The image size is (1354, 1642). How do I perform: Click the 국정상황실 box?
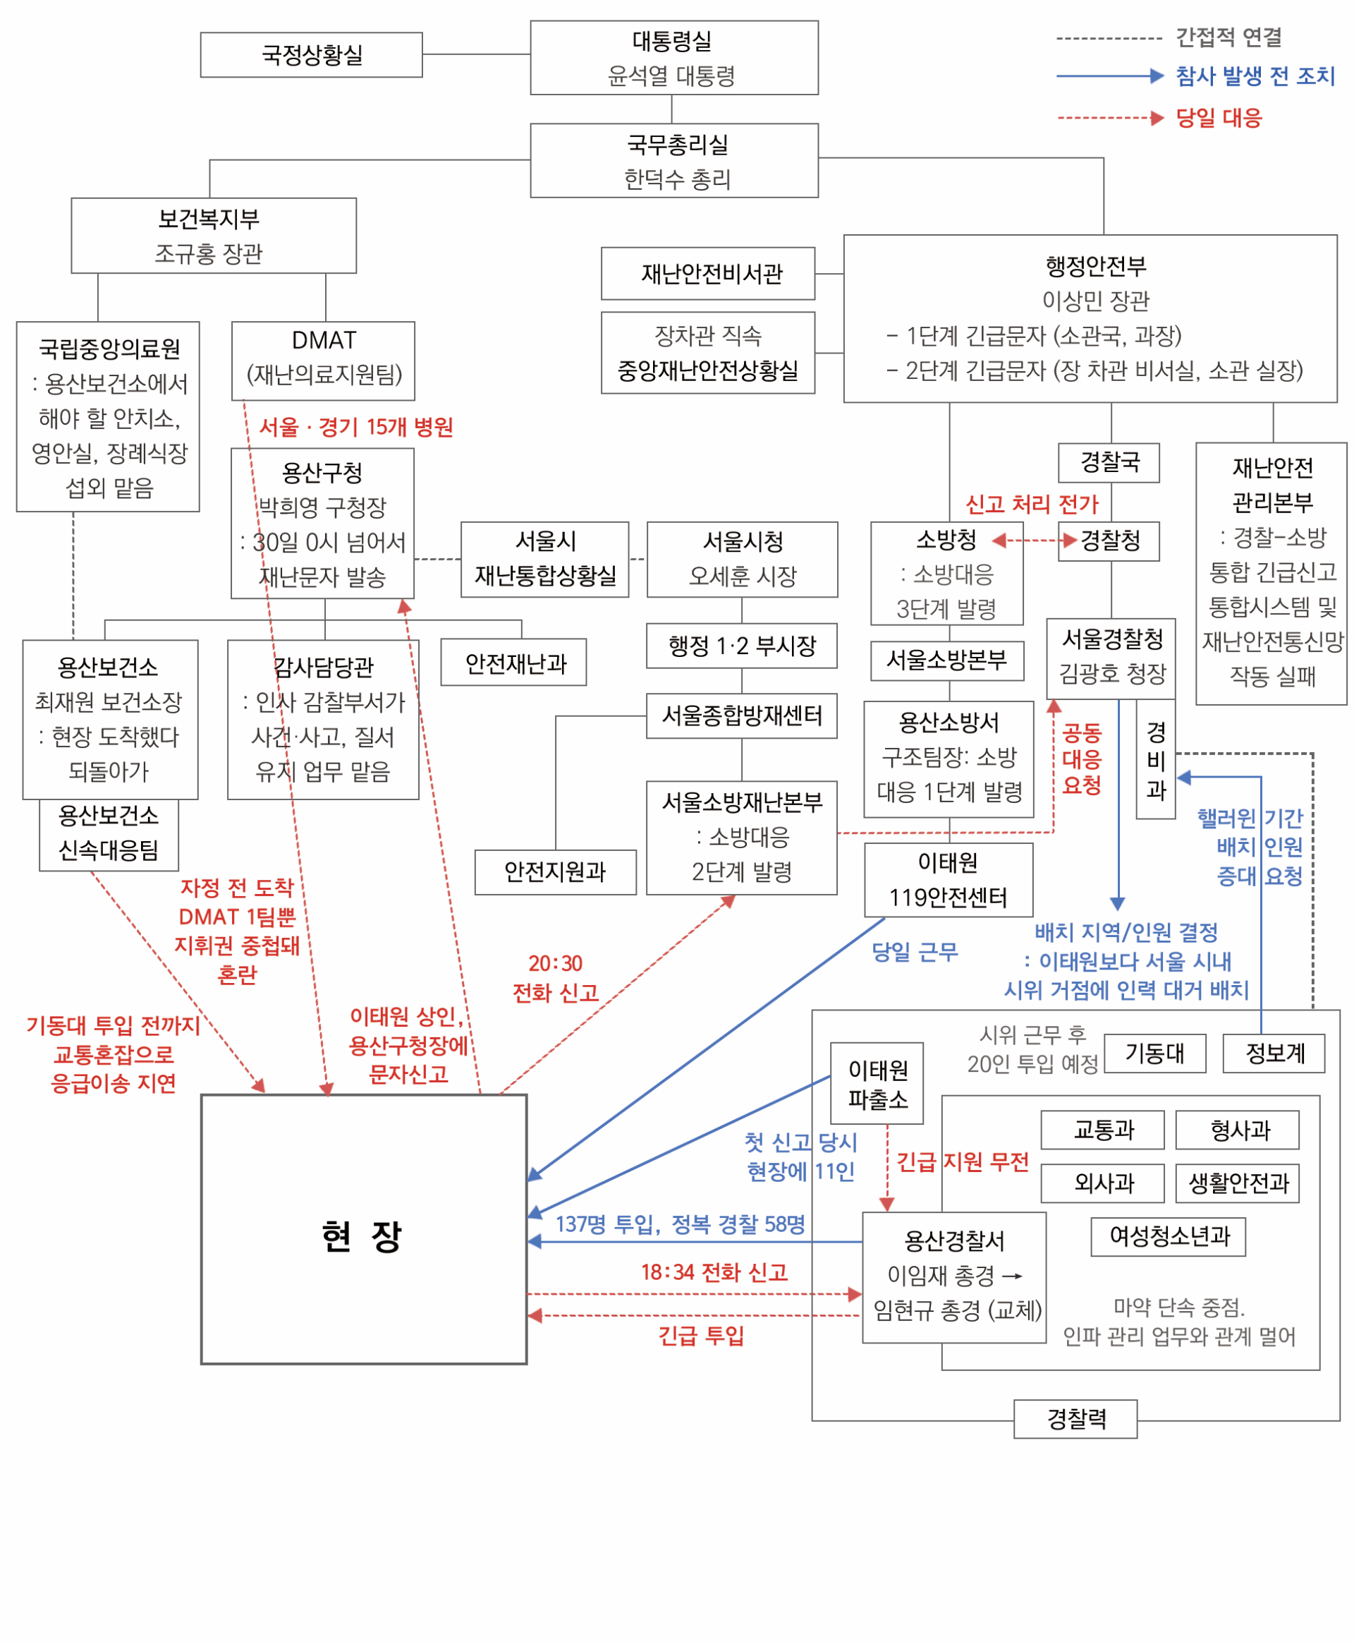pyautogui.click(x=311, y=54)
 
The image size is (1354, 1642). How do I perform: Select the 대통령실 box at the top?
pyautogui.click(x=674, y=58)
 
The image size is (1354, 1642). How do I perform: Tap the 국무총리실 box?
pyautogui.click(x=674, y=161)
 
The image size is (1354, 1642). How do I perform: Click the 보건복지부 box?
pyautogui.click(x=213, y=235)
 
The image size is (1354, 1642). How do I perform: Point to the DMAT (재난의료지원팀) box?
pyautogui.click(x=323, y=361)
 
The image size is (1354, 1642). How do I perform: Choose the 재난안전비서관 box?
pyautogui.click(x=707, y=274)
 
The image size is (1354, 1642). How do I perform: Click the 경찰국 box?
pyautogui.click(x=1109, y=463)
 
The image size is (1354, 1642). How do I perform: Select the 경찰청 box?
pyautogui.click(x=1109, y=541)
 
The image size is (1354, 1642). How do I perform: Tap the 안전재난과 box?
pyautogui.click(x=513, y=663)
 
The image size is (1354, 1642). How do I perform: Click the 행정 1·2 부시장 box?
pyautogui.click(x=741, y=646)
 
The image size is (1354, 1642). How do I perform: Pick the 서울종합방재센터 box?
pyautogui.click(x=741, y=716)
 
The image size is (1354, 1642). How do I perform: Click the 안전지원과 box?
pyautogui.click(x=555, y=871)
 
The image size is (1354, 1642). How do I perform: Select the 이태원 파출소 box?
pyautogui.click(x=877, y=1083)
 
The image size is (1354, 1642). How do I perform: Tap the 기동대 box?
pyautogui.click(x=1154, y=1054)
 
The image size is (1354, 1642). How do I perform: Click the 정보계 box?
pyautogui.click(x=1274, y=1054)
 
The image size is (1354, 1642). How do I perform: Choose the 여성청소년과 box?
pyautogui.click(x=1168, y=1236)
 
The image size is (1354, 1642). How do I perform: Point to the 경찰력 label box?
pyautogui.click(x=1075, y=1419)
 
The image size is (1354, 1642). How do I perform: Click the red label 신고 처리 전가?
pyautogui.click(x=1031, y=504)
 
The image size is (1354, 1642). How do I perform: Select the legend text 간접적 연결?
pyautogui.click(x=1228, y=37)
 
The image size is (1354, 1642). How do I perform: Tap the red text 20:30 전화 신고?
pyautogui.click(x=555, y=978)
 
